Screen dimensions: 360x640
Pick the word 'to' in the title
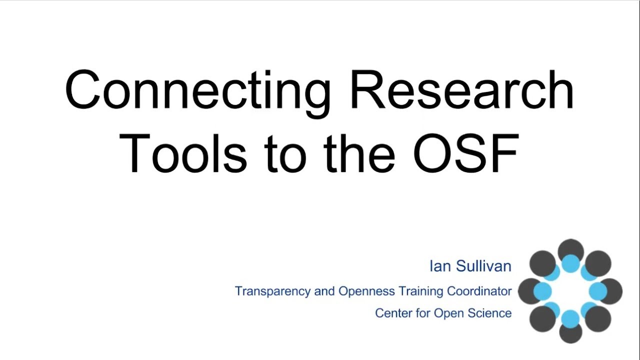coord(283,152)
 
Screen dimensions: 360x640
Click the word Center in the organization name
coord(393,313)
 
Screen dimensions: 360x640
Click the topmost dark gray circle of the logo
coord(570,248)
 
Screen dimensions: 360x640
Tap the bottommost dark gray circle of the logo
coord(570,333)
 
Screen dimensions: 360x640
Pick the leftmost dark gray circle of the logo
coord(528,291)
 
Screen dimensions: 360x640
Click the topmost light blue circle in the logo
coord(570,263)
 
